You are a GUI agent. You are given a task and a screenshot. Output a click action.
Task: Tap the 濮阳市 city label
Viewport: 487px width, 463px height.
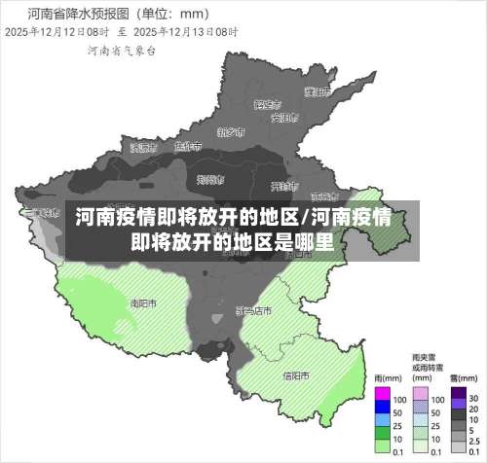coord(316,92)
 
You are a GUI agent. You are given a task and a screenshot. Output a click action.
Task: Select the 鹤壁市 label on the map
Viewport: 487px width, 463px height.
coord(267,103)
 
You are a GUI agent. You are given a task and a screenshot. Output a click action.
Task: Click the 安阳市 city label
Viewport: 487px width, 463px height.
coord(283,118)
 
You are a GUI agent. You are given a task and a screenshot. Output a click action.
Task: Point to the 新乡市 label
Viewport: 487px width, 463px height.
coord(231,132)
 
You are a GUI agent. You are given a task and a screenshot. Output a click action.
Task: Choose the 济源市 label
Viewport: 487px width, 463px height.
coord(142,148)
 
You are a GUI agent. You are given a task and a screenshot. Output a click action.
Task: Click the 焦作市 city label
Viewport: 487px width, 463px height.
coord(187,146)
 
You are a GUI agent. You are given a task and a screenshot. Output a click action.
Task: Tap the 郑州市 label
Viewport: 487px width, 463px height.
coord(210,179)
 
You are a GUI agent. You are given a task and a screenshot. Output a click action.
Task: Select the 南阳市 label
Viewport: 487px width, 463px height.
coord(143,303)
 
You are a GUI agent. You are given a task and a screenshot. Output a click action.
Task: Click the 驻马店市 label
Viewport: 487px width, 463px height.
coord(253,310)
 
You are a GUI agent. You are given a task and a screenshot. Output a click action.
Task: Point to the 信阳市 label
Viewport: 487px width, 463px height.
coord(296,374)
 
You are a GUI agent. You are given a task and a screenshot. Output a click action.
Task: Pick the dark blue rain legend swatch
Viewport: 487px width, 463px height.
coord(382,409)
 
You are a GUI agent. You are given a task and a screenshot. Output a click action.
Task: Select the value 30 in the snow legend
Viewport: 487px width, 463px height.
coord(472,398)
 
